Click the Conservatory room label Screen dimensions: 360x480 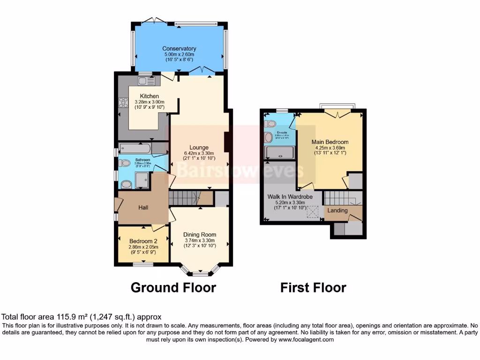pyautogui.click(x=179, y=48)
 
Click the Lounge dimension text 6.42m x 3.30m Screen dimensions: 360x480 pyautogui.click(x=199, y=153)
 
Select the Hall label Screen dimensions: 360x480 pyautogui.click(x=143, y=207)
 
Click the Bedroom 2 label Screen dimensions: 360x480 pyautogui.click(x=143, y=241)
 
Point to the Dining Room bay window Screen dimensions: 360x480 pyautogui.click(x=200, y=271)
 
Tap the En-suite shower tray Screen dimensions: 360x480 pyautogui.click(x=280, y=153)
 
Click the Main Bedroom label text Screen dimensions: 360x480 pyautogui.click(x=330, y=142)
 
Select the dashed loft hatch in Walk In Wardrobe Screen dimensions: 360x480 pyautogui.click(x=313, y=211)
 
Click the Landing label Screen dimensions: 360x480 pyautogui.click(x=337, y=210)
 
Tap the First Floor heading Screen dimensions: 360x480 pyautogui.click(x=313, y=287)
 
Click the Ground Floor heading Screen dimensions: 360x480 pyautogui.click(x=173, y=287)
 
